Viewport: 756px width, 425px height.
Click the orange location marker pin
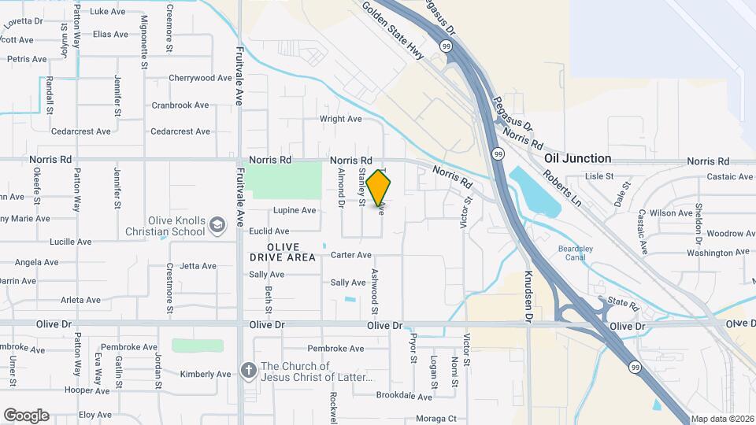pos(379,187)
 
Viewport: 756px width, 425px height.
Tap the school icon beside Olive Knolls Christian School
pos(217,227)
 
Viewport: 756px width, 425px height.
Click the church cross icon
pos(249,370)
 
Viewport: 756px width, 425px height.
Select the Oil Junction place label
pos(577,158)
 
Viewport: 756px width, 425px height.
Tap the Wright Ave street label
pos(340,119)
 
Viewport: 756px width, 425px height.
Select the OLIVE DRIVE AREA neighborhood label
pos(283,252)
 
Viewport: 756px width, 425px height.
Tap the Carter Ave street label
pos(350,255)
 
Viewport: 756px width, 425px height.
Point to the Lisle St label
pos(599,176)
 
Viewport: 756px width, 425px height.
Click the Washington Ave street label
pos(710,253)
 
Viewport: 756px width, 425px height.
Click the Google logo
pos(26,415)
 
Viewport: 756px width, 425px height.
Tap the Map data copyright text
pos(721,419)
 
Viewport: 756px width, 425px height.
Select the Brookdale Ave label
pos(405,396)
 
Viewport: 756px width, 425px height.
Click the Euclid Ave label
pos(269,231)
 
